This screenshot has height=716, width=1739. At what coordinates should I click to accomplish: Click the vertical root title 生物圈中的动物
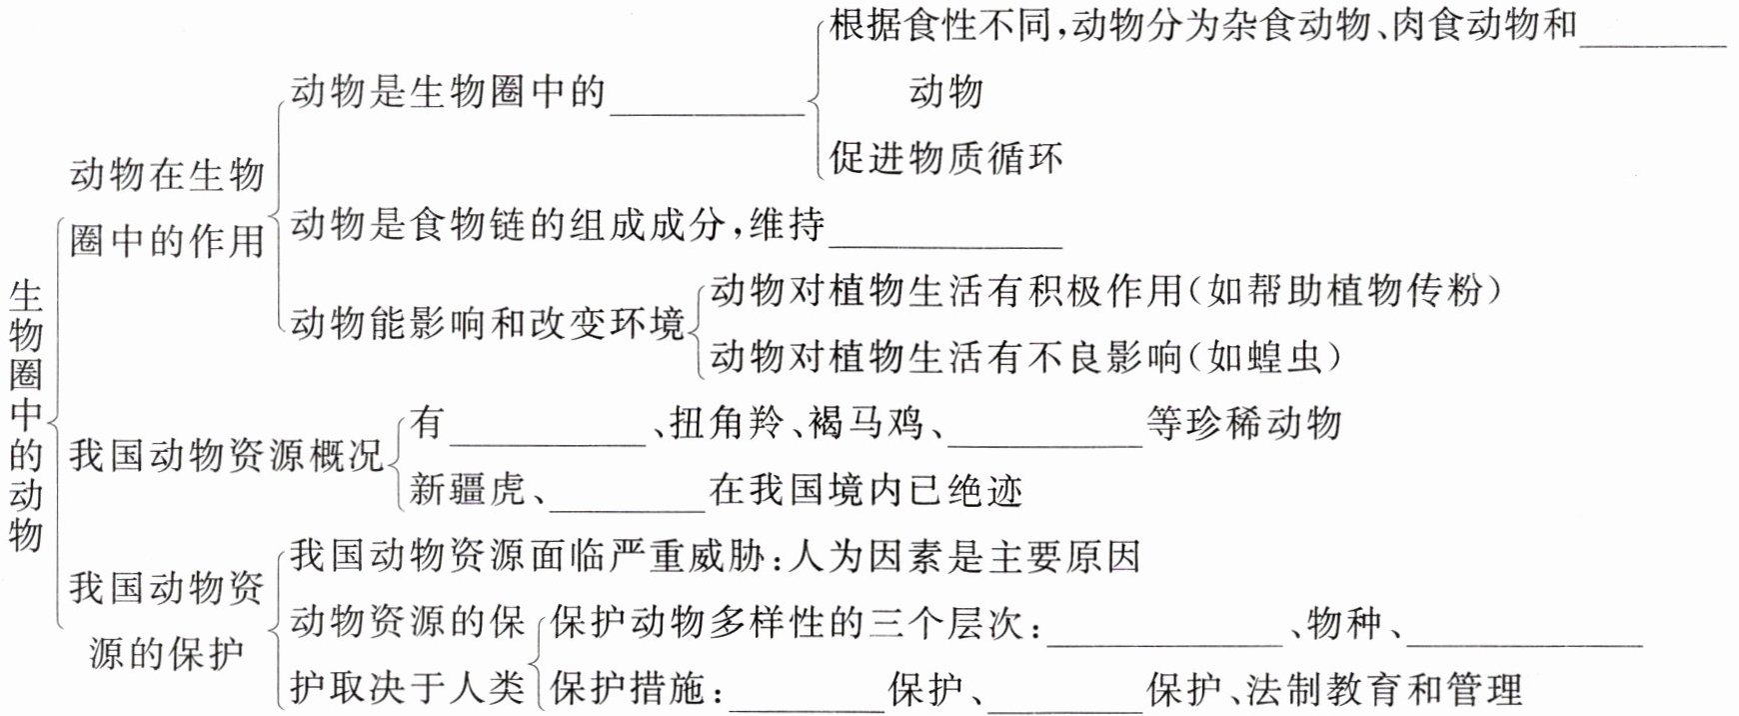tap(26, 415)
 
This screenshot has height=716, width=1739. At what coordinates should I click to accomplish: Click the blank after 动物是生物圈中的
tap(707, 100)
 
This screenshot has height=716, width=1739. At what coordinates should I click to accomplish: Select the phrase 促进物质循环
tap(945, 158)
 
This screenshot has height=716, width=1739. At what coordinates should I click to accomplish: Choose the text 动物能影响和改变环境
tap(488, 324)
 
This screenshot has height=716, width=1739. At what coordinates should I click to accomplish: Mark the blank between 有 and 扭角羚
tap(549, 431)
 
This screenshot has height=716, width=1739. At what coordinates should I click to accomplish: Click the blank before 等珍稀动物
tap(1044, 431)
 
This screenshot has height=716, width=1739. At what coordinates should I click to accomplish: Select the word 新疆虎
tap(467, 490)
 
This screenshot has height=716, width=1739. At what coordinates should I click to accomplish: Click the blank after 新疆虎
tap(628, 496)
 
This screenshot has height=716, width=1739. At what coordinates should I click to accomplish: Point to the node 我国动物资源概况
tap(227, 456)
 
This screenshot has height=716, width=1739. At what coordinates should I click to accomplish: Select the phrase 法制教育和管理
tap(1385, 689)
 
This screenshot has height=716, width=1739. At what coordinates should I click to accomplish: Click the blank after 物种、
tap(1524, 630)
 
